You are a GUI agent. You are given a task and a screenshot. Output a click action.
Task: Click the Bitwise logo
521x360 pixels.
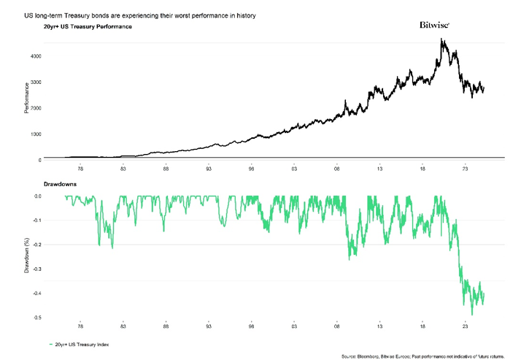[x=434, y=25]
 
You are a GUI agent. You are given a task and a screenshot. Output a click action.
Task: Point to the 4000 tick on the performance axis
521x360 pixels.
[x=36, y=56]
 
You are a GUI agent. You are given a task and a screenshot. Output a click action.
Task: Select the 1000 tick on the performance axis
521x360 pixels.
[x=36, y=134]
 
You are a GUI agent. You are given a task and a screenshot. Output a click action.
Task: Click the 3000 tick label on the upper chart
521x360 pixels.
[x=36, y=83]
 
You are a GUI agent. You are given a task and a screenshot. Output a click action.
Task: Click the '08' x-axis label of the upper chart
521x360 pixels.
[x=337, y=168]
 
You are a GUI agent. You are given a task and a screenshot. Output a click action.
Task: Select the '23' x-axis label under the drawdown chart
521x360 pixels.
[x=466, y=326]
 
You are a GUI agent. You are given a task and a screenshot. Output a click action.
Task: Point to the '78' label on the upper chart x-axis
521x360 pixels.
[x=80, y=168]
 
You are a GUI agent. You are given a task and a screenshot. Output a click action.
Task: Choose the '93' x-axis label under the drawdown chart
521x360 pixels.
[x=209, y=326]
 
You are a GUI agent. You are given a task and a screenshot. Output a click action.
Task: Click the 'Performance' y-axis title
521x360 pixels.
[x=26, y=99]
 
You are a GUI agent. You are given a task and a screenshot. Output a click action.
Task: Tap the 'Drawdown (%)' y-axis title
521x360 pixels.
[x=26, y=255]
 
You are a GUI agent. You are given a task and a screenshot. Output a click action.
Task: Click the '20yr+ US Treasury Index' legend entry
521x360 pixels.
[x=82, y=343]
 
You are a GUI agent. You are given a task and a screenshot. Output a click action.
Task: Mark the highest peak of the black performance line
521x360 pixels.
[x=442, y=39]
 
